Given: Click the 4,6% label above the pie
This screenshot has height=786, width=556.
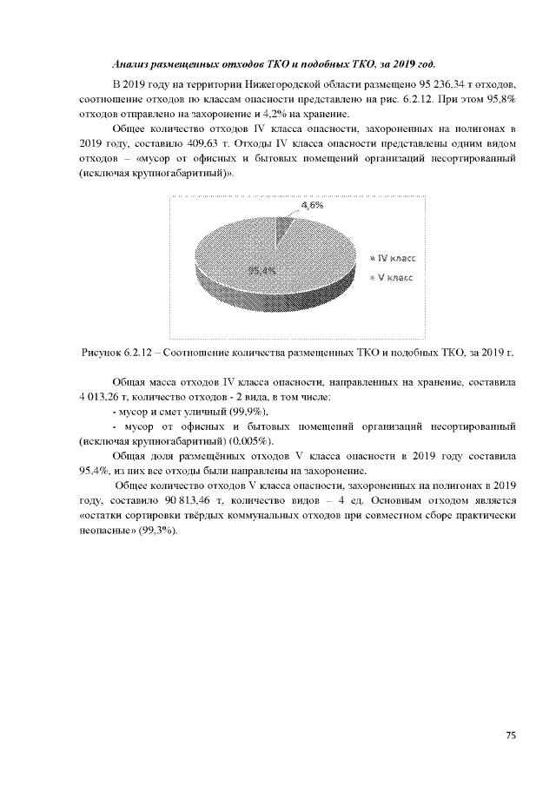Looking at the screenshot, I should (312, 206).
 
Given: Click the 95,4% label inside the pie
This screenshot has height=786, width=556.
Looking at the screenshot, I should (261, 271).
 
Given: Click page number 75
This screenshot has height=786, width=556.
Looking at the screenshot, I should (511, 736).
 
